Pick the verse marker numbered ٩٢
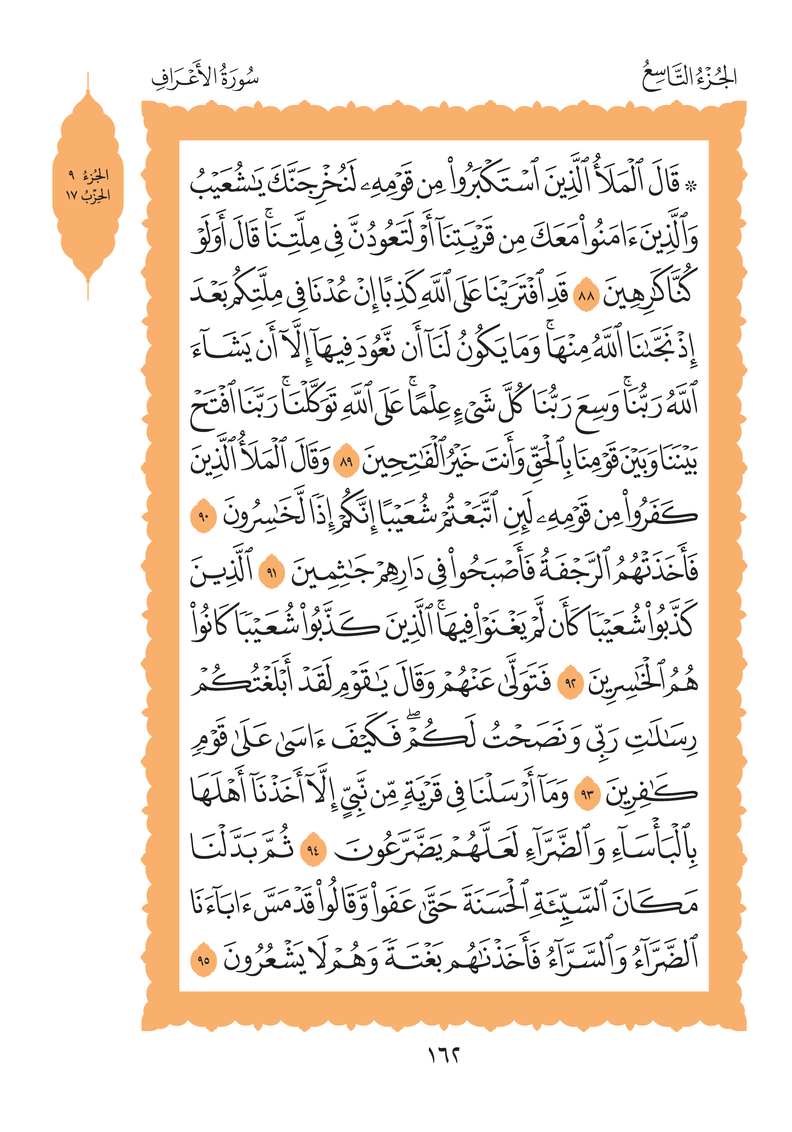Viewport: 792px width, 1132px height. tap(570, 683)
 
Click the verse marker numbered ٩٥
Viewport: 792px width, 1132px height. tap(203, 960)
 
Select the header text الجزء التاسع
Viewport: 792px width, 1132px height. tap(689, 78)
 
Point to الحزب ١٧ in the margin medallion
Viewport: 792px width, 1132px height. tap(88, 196)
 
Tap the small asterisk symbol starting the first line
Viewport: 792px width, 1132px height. tap(691, 186)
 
